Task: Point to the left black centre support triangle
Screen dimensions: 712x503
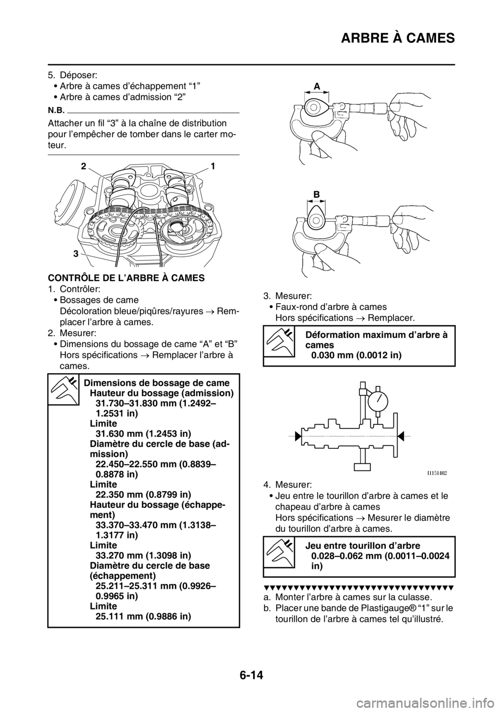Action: [298, 435]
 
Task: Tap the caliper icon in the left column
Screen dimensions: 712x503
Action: [63, 390]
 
